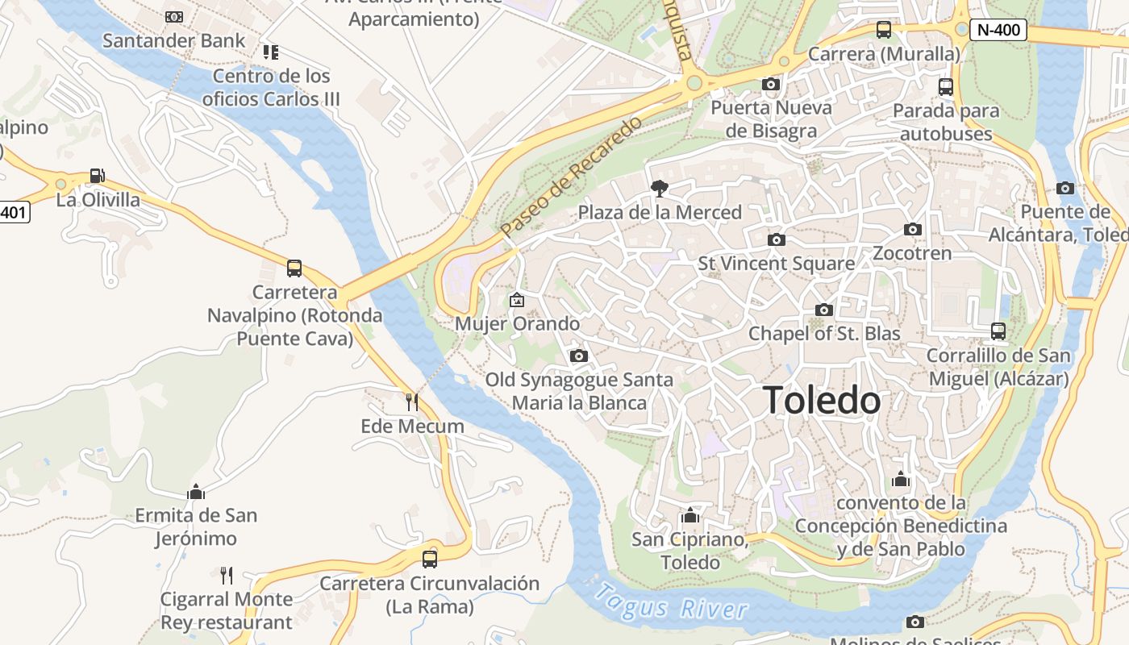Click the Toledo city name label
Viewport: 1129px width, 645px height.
[822, 400]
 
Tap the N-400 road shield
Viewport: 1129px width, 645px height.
[998, 31]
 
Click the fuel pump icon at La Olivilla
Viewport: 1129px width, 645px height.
[97, 175]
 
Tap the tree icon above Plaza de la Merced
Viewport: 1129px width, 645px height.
[660, 189]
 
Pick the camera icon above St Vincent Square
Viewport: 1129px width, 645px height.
[777, 239]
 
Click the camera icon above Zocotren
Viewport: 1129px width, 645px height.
[913, 230]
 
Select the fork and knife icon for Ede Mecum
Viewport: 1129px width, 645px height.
[412, 402]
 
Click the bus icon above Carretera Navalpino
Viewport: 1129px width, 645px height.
[294, 268]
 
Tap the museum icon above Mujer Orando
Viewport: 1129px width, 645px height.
[517, 301]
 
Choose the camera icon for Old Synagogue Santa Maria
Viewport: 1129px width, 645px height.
[578, 356]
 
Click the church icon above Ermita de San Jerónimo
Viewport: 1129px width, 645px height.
[196, 491]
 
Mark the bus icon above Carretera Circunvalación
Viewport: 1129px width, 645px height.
[430, 559]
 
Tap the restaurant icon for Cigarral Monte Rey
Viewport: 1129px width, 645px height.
[227, 575]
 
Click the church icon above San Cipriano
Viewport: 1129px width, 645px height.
[689, 515]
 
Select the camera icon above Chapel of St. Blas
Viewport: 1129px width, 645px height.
[823, 310]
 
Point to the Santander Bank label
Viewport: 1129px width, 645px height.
[173, 40]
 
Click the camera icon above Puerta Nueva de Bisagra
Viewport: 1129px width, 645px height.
[770, 84]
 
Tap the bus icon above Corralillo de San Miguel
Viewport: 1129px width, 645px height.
[998, 331]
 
